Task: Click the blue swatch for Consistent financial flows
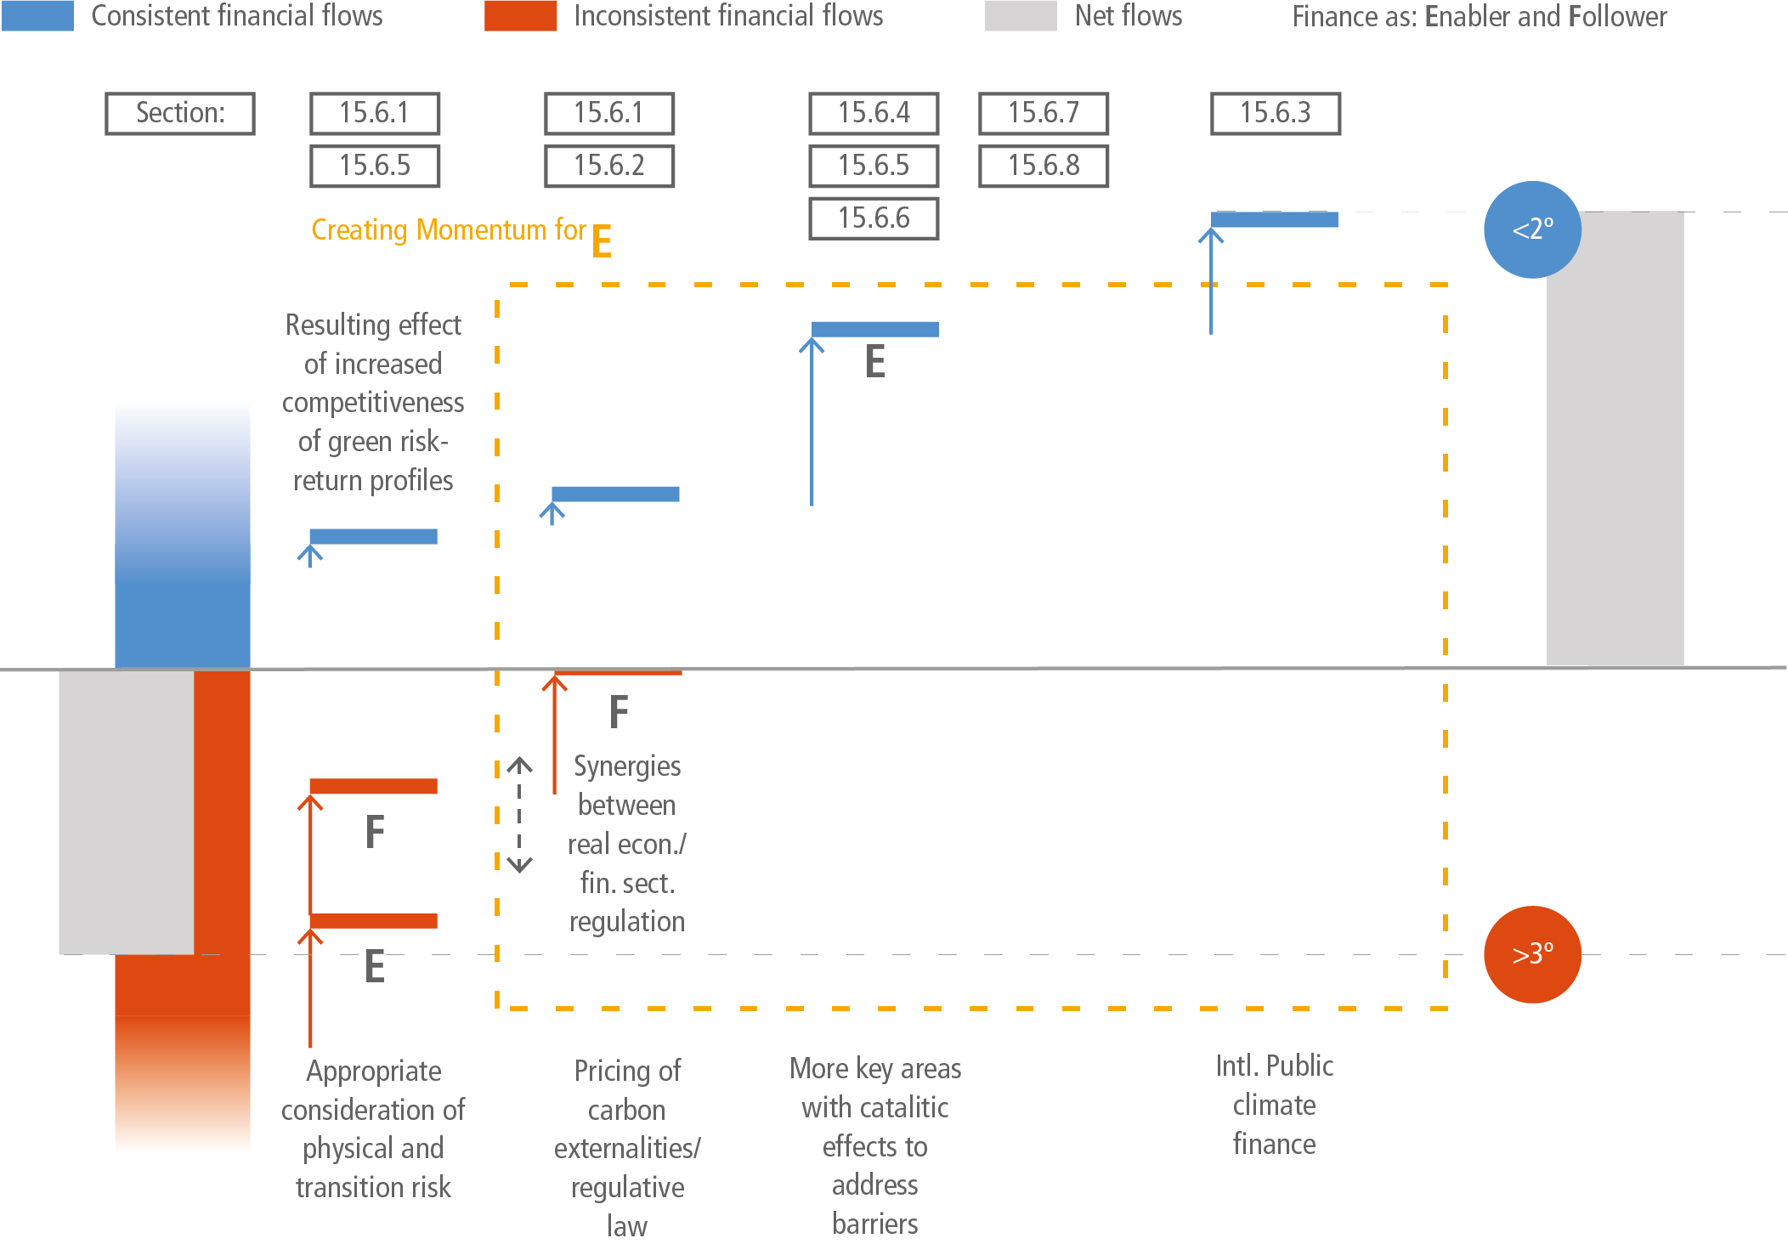pyautogui.click(x=37, y=15)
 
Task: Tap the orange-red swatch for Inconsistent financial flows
pyautogui.click(x=520, y=15)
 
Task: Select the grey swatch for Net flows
pyautogui.click(x=1021, y=15)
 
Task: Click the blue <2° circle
pyautogui.click(x=1532, y=229)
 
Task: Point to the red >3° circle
pyautogui.click(x=1532, y=954)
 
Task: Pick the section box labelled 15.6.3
pyautogui.click(x=1276, y=113)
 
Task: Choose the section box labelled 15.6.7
pyautogui.click(x=1044, y=113)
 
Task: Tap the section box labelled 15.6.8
pyautogui.click(x=1044, y=166)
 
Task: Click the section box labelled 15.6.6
pyautogui.click(x=874, y=218)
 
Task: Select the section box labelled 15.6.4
pyautogui.click(x=874, y=113)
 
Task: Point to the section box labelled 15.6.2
pyautogui.click(x=609, y=166)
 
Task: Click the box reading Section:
pyautogui.click(x=180, y=113)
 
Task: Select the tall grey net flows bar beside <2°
pyautogui.click(x=1615, y=438)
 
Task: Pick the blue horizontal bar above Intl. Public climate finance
pyautogui.click(x=1275, y=219)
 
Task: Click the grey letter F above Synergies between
pyautogui.click(x=619, y=711)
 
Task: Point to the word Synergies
pyautogui.click(x=627, y=766)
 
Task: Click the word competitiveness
pyautogui.click(x=373, y=403)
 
